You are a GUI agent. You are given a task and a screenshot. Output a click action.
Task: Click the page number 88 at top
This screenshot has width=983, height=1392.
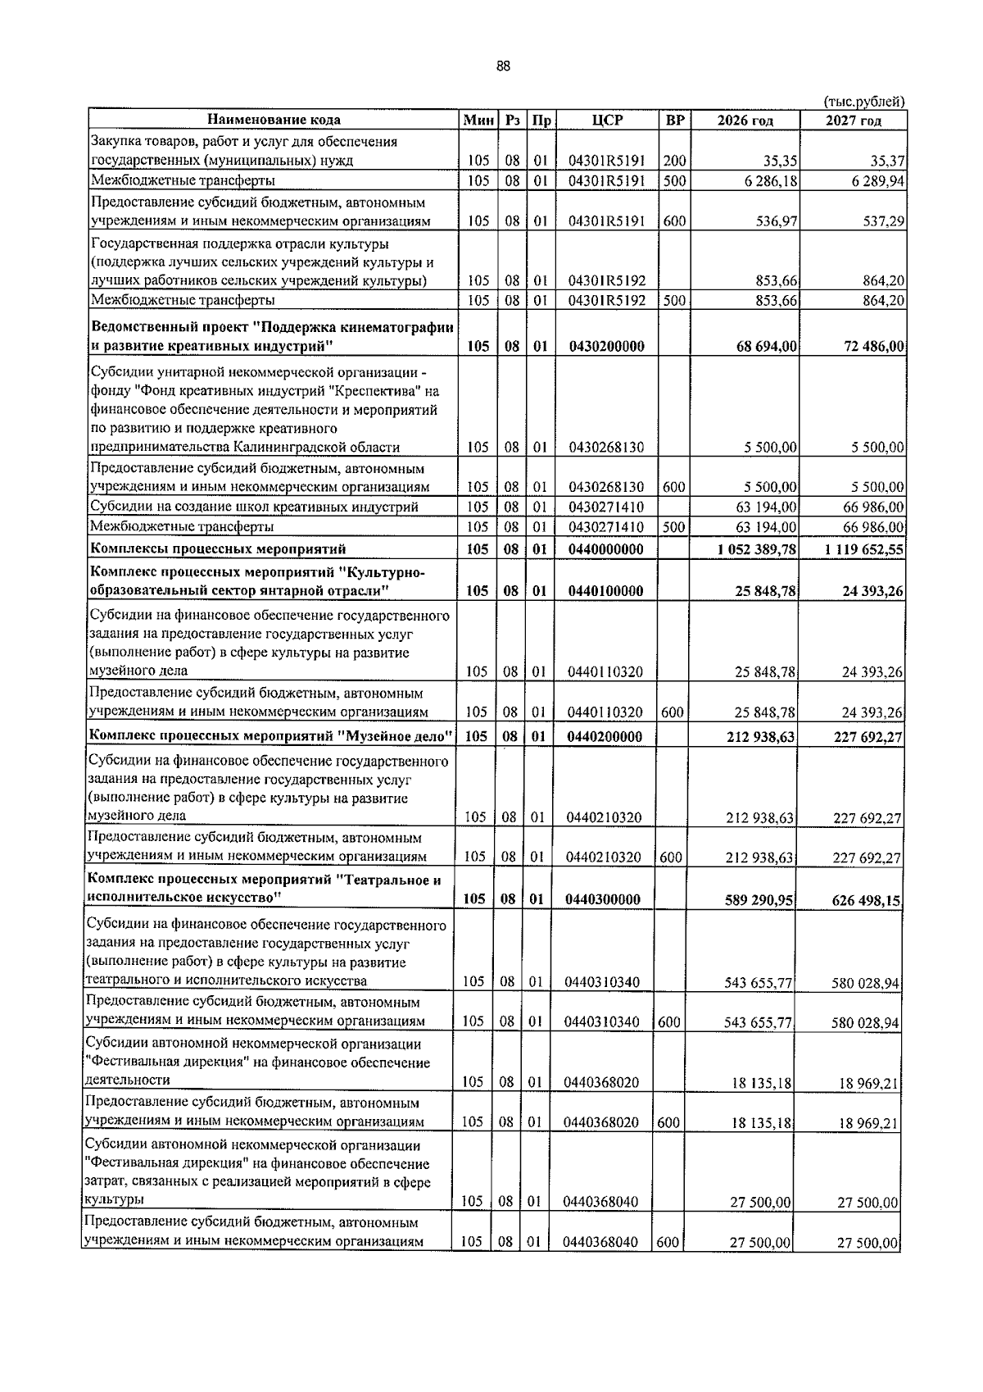(x=503, y=67)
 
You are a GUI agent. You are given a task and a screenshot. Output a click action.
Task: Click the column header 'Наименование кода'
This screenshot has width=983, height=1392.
(x=273, y=121)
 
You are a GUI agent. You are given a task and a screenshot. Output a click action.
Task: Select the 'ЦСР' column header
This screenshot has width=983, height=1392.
(x=606, y=121)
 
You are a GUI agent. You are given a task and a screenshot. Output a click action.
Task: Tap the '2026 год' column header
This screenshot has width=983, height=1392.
(x=745, y=121)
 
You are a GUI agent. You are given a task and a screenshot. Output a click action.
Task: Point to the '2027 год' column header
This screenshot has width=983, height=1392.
(x=853, y=121)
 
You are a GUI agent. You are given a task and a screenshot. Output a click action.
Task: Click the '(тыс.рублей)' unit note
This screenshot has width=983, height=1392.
(x=863, y=102)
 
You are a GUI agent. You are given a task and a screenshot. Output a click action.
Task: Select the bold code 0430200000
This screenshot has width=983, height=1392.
(x=606, y=347)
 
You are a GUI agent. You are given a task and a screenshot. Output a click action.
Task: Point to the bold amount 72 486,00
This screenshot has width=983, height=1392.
(x=873, y=347)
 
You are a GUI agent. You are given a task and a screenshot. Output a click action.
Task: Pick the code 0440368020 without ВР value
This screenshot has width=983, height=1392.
(x=600, y=1082)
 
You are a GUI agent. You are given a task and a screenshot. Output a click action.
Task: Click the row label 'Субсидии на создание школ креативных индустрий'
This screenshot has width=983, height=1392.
(x=254, y=507)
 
